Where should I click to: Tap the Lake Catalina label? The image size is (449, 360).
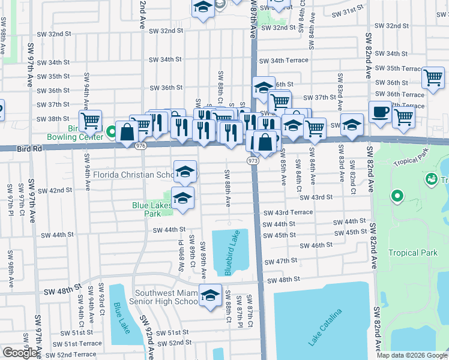(x=325, y=327)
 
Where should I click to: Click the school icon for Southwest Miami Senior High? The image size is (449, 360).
(x=210, y=295)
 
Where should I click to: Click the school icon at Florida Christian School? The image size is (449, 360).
(x=185, y=172)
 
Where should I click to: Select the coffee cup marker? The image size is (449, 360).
(x=379, y=112)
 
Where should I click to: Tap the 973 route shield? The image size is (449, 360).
(x=253, y=161)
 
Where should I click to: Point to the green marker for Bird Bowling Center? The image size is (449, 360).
(x=111, y=131)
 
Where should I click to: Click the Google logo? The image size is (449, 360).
(x=20, y=353)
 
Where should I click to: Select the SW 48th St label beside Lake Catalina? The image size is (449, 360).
(x=283, y=280)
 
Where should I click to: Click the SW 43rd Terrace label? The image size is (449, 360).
(x=288, y=212)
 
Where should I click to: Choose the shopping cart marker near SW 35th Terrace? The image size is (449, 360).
(x=432, y=78)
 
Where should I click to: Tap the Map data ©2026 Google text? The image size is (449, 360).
(x=411, y=355)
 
